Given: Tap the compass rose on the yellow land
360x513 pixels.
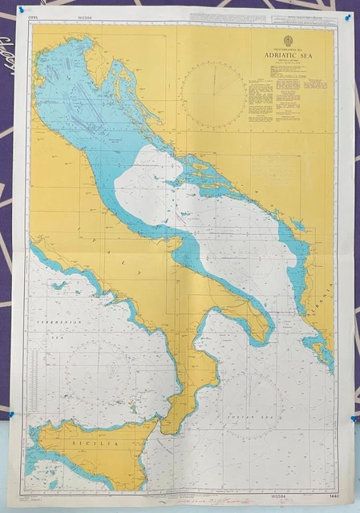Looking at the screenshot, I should point(213,94).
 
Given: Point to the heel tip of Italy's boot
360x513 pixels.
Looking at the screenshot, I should point(265,337).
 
